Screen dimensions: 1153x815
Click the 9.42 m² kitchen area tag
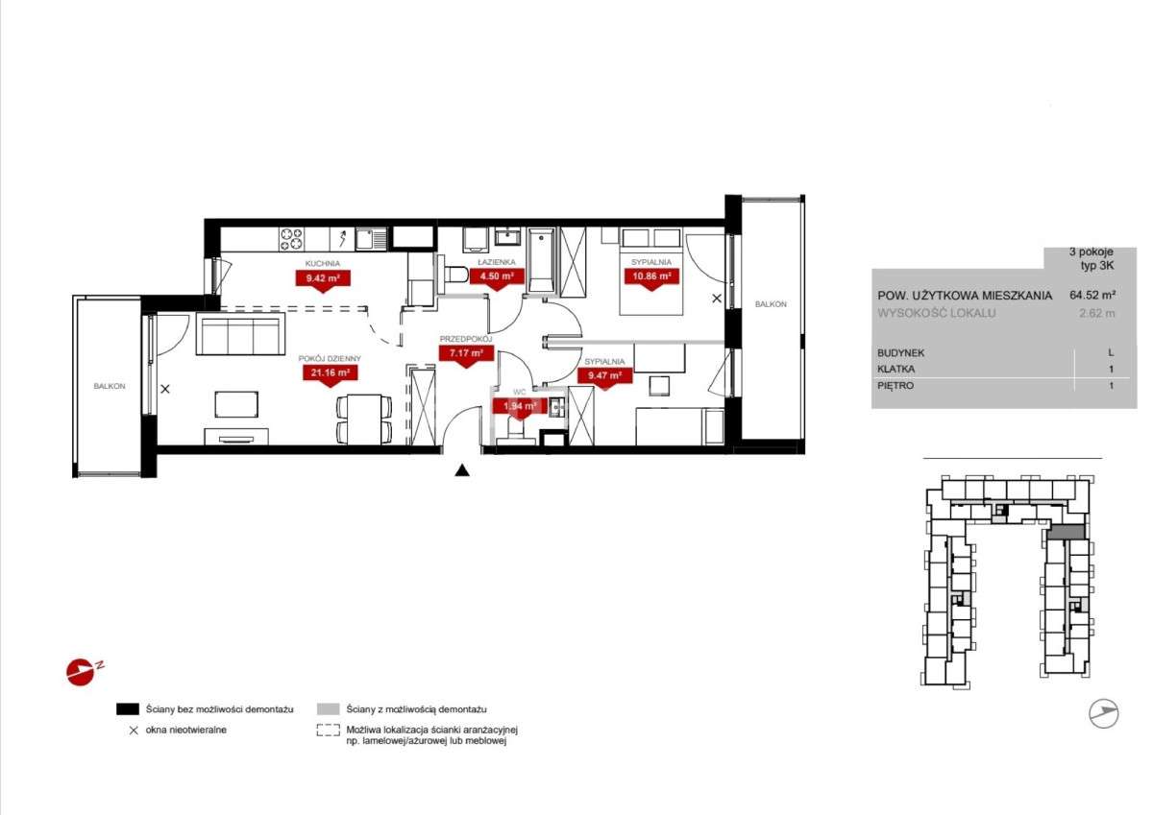point(323,279)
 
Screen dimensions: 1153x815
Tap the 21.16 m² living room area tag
point(330,373)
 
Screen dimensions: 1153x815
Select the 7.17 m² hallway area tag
point(466,354)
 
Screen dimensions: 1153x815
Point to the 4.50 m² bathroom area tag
point(497,277)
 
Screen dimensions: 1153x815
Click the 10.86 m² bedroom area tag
point(651,277)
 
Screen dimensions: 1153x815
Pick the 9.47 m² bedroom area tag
point(604,376)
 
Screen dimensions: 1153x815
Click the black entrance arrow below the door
point(462,470)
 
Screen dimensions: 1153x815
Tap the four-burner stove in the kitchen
point(291,240)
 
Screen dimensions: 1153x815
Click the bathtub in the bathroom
point(542,261)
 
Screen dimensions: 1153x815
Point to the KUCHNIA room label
point(323,263)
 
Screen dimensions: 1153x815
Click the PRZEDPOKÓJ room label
point(466,339)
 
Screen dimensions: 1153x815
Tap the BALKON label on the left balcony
point(110,386)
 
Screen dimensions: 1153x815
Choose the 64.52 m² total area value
point(1092,295)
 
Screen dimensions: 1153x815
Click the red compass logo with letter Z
point(83,671)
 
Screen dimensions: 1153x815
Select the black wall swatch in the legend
point(128,709)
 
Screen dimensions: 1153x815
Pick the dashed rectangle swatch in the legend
point(328,731)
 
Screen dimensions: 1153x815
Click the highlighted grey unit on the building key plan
point(1067,532)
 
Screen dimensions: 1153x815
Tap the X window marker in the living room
point(165,389)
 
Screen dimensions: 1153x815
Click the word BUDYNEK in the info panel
point(901,353)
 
